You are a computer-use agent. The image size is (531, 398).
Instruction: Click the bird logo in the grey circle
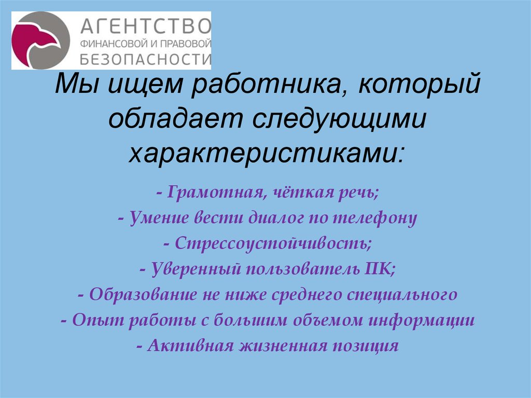click(x=40, y=41)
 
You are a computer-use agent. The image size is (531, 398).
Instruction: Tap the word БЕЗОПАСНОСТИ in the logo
click(x=145, y=58)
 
